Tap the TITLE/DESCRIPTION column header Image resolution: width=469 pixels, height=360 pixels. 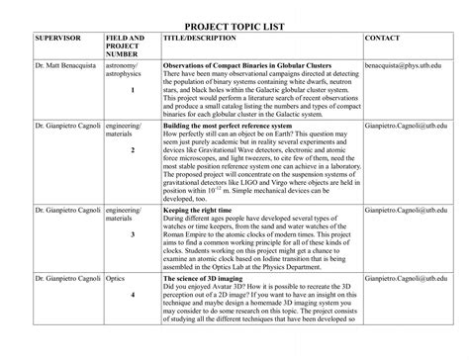coord(199,38)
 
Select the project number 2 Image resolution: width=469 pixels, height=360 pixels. coord(132,151)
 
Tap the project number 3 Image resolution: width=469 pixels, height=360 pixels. coord(132,234)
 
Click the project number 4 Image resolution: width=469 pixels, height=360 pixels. coord(132,296)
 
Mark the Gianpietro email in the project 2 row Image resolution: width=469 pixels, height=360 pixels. coord(407,127)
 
